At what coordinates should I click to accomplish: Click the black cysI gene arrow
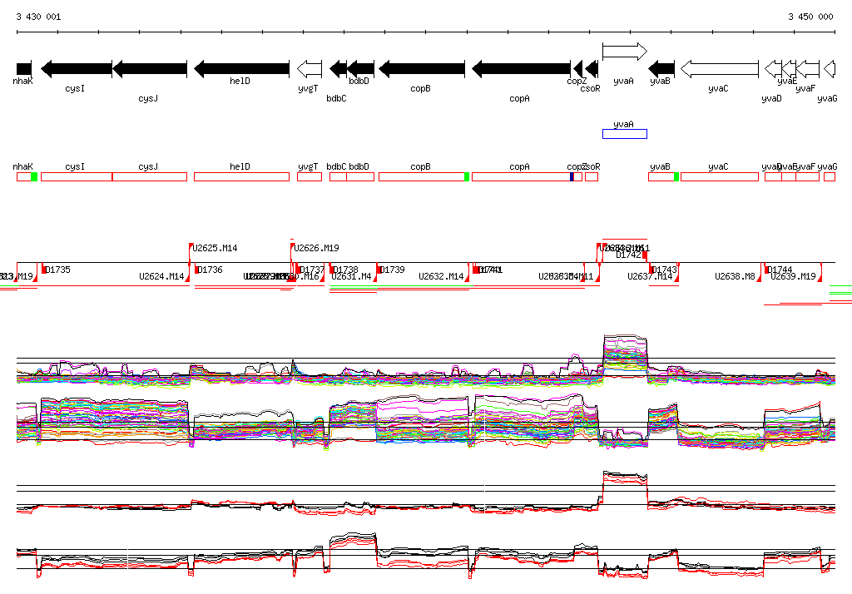coord(76,68)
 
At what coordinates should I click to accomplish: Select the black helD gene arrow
coord(241,68)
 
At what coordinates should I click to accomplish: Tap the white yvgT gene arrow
coord(310,68)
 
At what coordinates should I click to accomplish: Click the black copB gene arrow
coord(421,68)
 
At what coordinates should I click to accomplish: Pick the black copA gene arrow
coord(521,68)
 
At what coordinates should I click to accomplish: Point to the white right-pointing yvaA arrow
coord(624,52)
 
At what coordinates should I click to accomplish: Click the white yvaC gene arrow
coord(720,68)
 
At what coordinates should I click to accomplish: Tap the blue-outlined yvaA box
coord(624,134)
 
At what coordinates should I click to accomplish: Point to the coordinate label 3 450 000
coord(810,17)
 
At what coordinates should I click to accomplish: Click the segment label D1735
coord(58,270)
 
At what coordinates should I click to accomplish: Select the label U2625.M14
coord(215,248)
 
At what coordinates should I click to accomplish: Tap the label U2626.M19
coord(316,248)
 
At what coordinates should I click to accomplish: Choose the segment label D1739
coord(392,270)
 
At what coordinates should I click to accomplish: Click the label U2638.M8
coord(735,276)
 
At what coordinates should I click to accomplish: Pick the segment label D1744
coord(780,270)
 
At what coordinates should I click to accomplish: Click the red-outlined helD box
coord(241,176)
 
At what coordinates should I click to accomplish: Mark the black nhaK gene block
coord(24,68)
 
